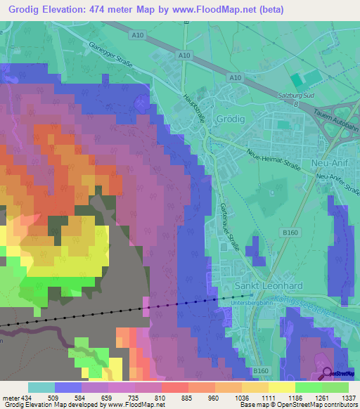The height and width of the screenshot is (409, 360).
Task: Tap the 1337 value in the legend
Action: point(349,398)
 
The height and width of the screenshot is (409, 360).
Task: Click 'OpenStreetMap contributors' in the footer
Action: point(318,405)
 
